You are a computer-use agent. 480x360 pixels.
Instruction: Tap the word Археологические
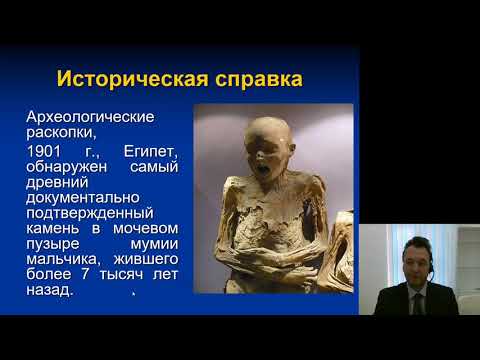pyautogui.click(x=90, y=118)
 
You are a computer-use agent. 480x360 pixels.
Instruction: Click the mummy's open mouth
pyautogui.click(x=265, y=172)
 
